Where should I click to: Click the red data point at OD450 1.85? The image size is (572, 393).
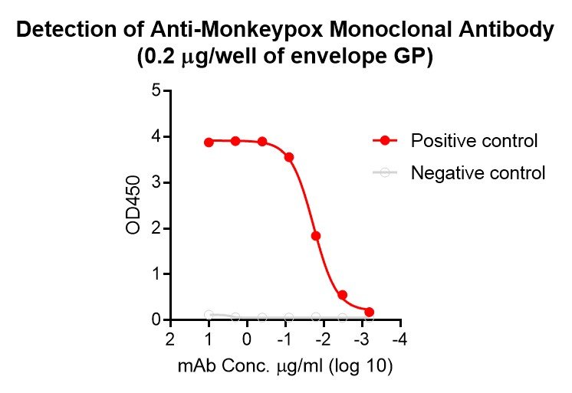coord(316,236)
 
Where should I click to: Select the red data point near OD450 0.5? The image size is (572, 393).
coord(343,295)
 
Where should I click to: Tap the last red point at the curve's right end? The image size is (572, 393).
coord(370,312)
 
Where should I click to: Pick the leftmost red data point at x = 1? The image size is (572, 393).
coord(209,142)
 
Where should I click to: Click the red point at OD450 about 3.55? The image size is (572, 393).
coord(289,157)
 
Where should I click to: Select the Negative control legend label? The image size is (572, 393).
coord(478,173)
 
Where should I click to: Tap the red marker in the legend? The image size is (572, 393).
coord(385,141)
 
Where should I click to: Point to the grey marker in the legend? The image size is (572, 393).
coord(385,173)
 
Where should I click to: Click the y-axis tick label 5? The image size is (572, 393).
coord(156,91)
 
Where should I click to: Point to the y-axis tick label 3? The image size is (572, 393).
coord(156,182)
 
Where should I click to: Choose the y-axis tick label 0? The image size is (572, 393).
coord(156,319)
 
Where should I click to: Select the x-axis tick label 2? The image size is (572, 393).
coord(170,339)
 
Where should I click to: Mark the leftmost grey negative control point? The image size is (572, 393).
coord(209,314)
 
